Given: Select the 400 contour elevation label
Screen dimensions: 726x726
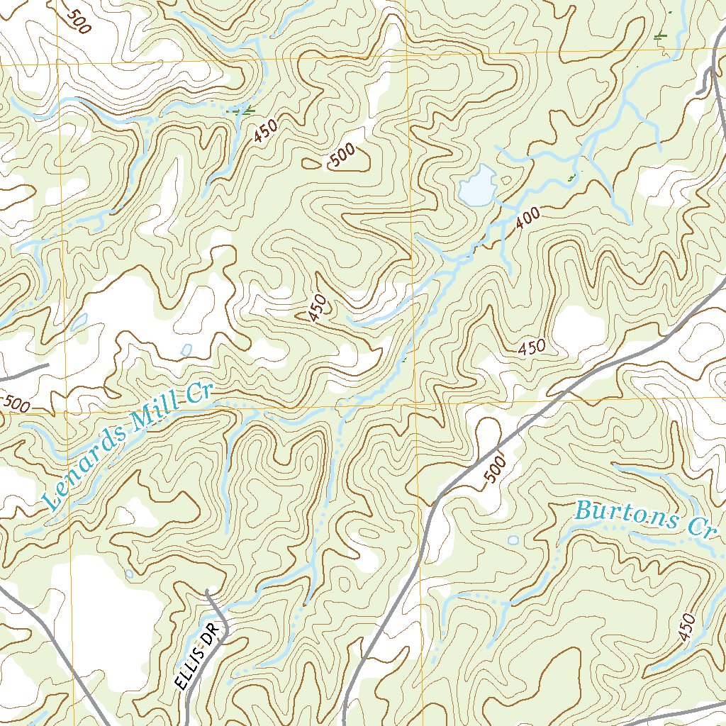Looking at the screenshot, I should tap(528, 216).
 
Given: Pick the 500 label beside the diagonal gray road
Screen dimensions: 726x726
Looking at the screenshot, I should tap(495, 469).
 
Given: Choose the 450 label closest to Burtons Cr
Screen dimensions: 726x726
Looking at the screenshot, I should tap(686, 627).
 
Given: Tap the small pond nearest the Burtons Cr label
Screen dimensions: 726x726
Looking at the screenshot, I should tap(513, 540).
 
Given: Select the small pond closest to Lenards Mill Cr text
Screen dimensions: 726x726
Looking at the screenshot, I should tap(186, 350).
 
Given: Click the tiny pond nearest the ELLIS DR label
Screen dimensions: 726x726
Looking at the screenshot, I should tap(129, 573).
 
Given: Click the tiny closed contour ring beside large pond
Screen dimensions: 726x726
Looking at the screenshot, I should tap(504, 181).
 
